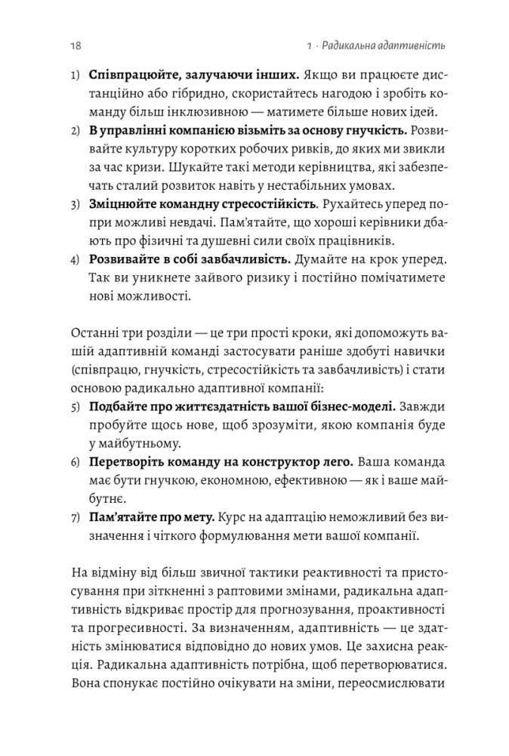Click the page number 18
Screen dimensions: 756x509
[x=76, y=46]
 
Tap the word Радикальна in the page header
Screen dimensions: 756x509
[x=349, y=46]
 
